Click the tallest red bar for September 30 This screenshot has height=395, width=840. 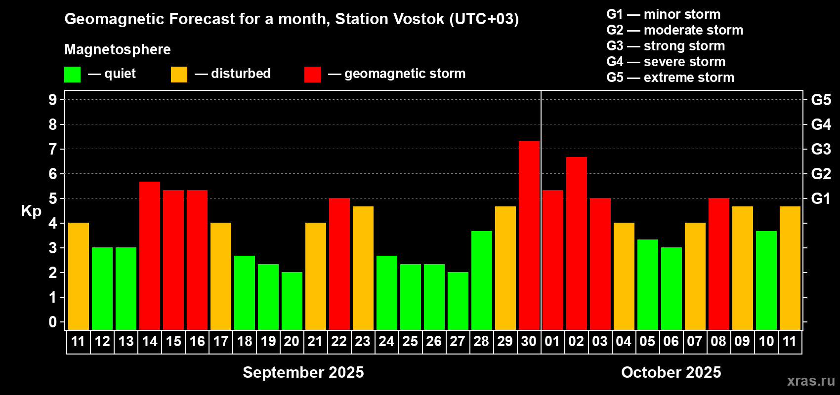529,235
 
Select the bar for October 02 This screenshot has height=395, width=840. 576,243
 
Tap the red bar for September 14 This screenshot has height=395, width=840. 150,256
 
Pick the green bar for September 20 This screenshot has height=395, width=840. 292,301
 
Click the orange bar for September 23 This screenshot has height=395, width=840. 363,268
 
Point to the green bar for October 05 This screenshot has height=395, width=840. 648,284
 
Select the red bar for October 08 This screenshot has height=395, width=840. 719,264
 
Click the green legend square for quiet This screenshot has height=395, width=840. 72,74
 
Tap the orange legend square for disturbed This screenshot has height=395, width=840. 179,74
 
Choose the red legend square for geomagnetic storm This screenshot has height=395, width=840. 312,74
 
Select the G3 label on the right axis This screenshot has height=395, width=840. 821,149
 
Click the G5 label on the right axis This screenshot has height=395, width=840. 821,100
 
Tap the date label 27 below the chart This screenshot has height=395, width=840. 458,341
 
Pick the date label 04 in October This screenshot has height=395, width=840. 624,341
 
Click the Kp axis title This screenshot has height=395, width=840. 31,211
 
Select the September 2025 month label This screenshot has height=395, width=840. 303,372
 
